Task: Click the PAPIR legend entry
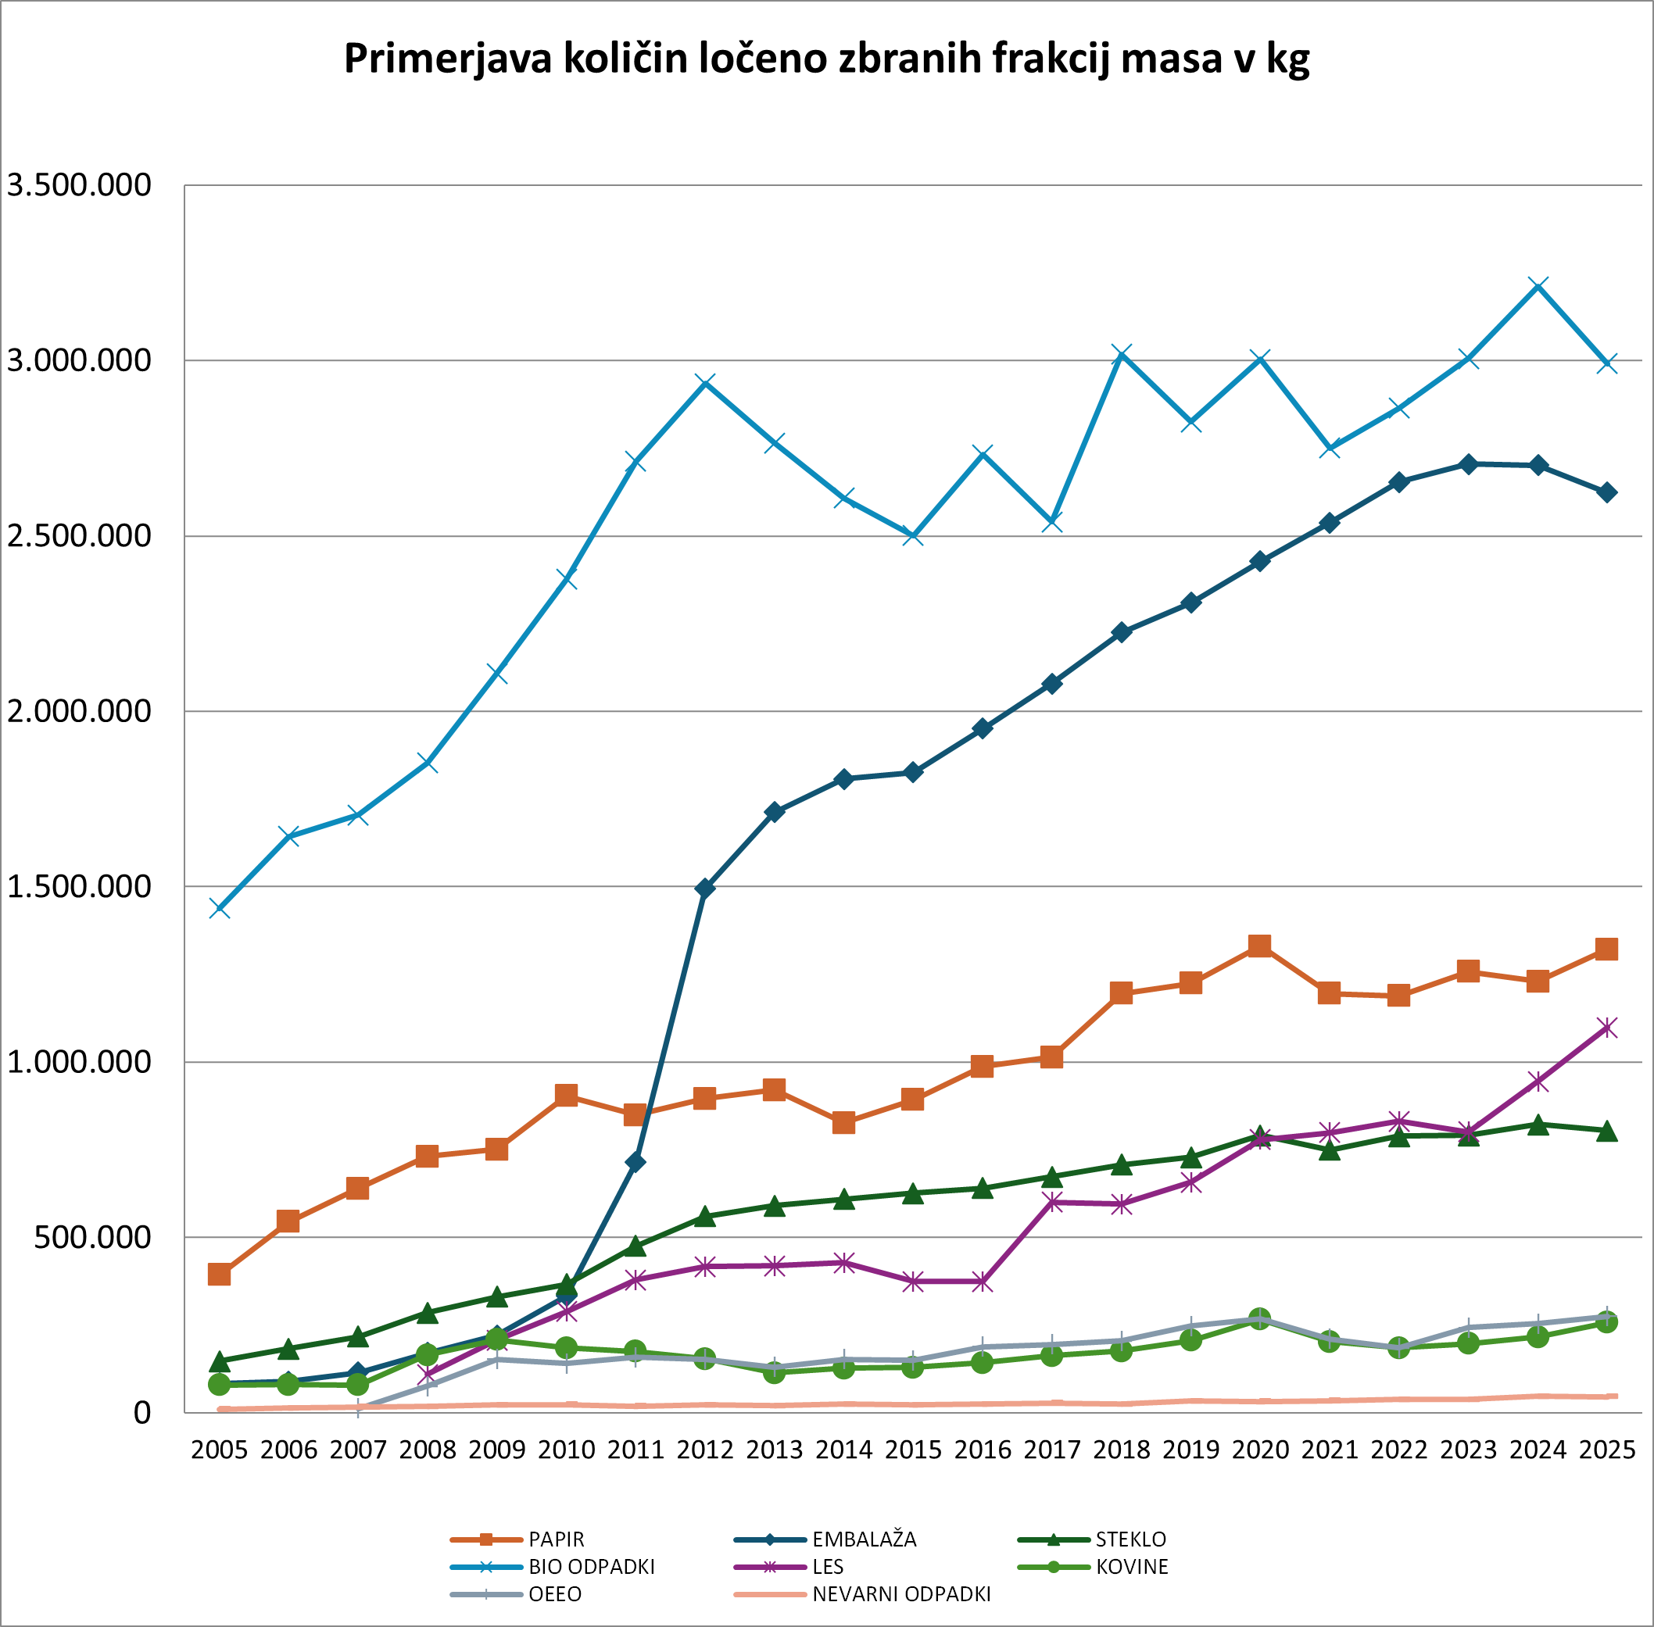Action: tap(556, 1539)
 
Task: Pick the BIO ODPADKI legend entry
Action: tap(591, 1566)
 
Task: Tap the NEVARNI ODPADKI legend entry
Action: tap(901, 1593)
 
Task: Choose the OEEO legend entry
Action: tap(555, 1593)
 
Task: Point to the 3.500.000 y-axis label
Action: tap(79, 184)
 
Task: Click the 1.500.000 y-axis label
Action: tap(79, 886)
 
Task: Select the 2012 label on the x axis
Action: tap(704, 1450)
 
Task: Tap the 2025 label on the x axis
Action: tap(1607, 1450)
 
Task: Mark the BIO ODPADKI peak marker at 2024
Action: tap(1538, 285)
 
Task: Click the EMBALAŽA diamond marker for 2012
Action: tap(704, 889)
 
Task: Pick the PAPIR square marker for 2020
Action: tap(1259, 946)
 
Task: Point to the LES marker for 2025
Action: tap(1607, 1027)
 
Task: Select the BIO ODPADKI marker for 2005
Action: tap(219, 908)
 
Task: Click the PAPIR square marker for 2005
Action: tap(219, 1274)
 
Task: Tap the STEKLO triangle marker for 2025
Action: tap(1607, 1131)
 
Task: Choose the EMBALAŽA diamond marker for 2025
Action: tap(1607, 492)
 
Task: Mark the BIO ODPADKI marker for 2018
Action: tap(1122, 354)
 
